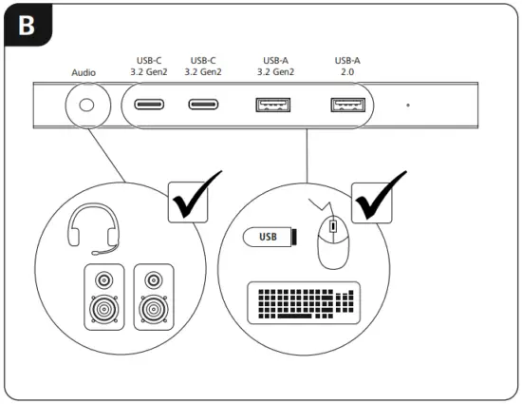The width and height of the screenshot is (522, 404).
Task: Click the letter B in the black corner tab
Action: tap(27, 26)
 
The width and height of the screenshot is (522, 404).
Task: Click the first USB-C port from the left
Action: tap(150, 105)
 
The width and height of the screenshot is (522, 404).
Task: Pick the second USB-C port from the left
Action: tap(203, 105)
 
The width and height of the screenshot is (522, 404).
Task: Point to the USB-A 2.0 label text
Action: tap(347, 66)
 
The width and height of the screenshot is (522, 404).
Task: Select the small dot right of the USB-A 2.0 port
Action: tap(408, 106)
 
